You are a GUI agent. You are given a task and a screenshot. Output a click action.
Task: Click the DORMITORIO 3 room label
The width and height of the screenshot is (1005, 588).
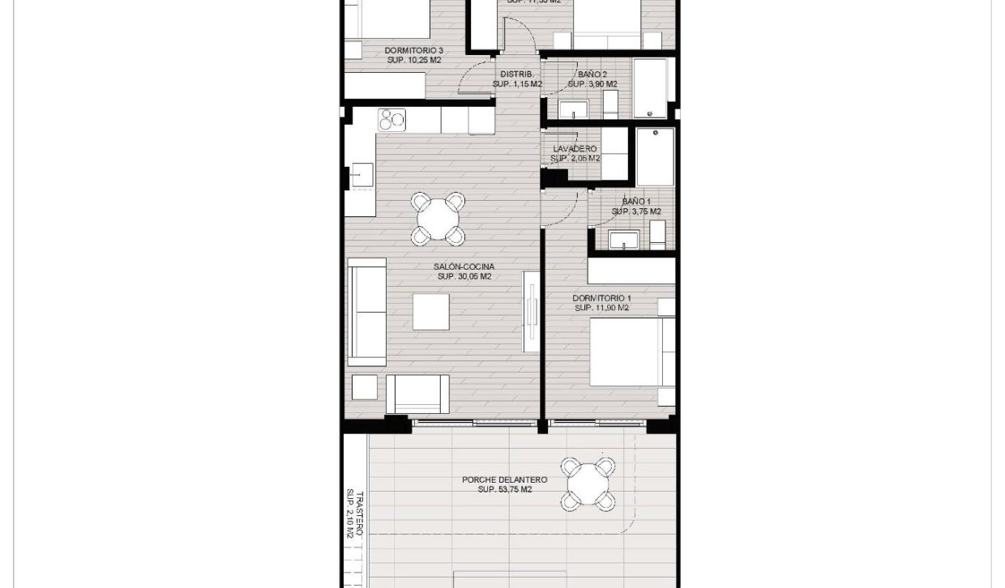413,50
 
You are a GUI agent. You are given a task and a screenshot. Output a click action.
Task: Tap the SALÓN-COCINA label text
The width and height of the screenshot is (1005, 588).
464,266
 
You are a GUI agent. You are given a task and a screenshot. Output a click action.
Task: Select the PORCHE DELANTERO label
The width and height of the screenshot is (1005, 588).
504,479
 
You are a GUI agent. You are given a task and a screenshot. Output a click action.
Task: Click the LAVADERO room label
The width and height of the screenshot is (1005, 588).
575,149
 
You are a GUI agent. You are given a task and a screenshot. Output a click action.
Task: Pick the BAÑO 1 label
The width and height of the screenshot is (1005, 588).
636,202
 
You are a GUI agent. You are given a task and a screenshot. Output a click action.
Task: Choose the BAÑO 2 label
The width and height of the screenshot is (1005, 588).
592,75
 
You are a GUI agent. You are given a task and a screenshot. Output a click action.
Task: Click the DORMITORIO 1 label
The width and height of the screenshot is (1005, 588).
601,298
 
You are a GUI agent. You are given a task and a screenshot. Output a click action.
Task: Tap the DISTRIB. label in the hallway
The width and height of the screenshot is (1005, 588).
516,75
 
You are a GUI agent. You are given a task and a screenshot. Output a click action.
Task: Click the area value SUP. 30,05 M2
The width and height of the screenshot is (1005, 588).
464,277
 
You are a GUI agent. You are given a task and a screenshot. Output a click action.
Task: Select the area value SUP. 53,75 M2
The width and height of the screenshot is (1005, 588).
504,490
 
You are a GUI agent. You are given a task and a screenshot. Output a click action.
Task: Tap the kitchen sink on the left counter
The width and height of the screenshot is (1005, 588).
361,174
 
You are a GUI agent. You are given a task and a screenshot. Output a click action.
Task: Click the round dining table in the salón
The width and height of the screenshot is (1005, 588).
438,217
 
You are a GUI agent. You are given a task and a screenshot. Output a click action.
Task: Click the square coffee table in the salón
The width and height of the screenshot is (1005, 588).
430,311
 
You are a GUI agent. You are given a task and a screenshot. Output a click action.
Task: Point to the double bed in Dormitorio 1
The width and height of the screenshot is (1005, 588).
632,352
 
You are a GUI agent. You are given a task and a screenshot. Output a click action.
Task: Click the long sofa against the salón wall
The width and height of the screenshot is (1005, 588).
366,312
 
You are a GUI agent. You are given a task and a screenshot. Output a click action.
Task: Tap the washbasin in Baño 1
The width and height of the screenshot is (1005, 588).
624,240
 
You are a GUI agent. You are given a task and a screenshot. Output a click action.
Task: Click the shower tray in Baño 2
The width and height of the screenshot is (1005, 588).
650,87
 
